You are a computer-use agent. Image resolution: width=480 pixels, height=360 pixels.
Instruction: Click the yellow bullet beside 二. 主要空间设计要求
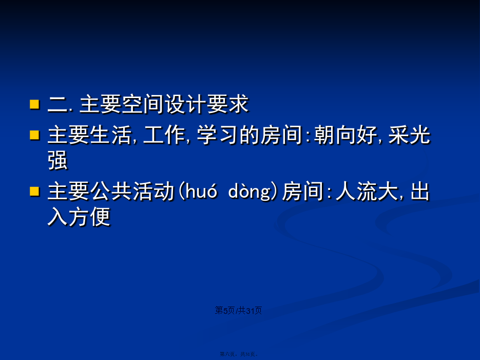pyautogui.click(x=34, y=104)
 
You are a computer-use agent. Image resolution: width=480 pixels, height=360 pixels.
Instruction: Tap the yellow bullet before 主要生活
pyautogui.click(x=34, y=135)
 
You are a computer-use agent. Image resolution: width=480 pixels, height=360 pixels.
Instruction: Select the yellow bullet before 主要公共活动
pyautogui.click(x=34, y=191)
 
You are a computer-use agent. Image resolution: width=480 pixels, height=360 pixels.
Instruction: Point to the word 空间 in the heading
pyautogui.click(x=142, y=104)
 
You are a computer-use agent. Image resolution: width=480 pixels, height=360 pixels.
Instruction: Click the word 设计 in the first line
pyautogui.click(x=185, y=104)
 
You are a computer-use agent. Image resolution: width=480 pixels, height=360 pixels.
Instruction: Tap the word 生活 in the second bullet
pyautogui.click(x=110, y=135)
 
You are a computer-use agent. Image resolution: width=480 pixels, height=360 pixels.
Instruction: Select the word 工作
pyautogui.click(x=164, y=135)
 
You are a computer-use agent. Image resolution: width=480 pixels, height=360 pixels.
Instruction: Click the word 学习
pyautogui.click(x=217, y=135)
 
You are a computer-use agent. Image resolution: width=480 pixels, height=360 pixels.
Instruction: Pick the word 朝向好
pyautogui.click(x=345, y=135)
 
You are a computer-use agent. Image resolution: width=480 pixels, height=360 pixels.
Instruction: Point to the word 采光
pyautogui.click(x=409, y=135)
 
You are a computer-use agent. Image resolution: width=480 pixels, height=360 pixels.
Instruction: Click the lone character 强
pyautogui.click(x=58, y=160)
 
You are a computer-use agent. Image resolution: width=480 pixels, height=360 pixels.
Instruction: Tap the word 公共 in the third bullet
pyautogui.click(x=111, y=191)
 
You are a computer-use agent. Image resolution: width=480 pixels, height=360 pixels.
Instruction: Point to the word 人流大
pyautogui.click(x=367, y=191)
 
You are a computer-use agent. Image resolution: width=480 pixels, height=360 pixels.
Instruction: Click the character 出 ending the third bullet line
pyautogui.click(x=420, y=191)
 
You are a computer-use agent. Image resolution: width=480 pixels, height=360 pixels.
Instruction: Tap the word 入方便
pyautogui.click(x=79, y=216)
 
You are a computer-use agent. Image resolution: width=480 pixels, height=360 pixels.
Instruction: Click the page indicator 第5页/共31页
pyautogui.click(x=238, y=310)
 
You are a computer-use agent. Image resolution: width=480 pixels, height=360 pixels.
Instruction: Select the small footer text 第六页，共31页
pyautogui.click(x=239, y=354)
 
